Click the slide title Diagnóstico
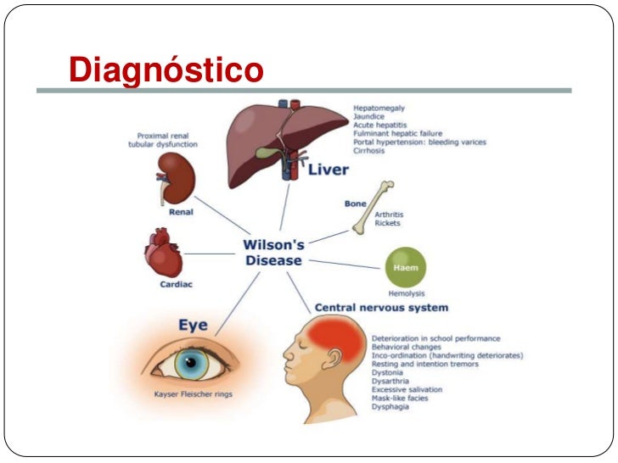[x=166, y=70]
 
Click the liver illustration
[x=272, y=136]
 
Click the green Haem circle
[x=406, y=267]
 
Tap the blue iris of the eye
[x=192, y=363]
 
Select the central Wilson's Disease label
[x=273, y=252]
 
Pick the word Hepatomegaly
[x=379, y=109]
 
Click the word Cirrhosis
[x=370, y=151]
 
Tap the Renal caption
[x=181, y=212]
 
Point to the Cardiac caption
[x=177, y=285]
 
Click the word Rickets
[x=386, y=223]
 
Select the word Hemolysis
[x=407, y=292]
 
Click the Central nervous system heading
[x=381, y=307]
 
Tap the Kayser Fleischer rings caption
[x=194, y=394]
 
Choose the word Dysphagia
[x=390, y=407]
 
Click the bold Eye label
[x=193, y=326]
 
